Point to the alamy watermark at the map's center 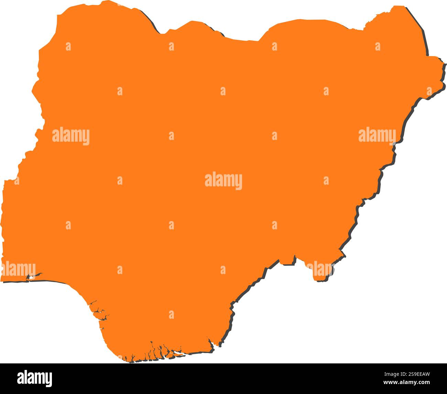[x=223, y=181]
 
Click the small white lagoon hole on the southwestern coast [x=31, y=276]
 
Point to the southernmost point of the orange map [x=131, y=361]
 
